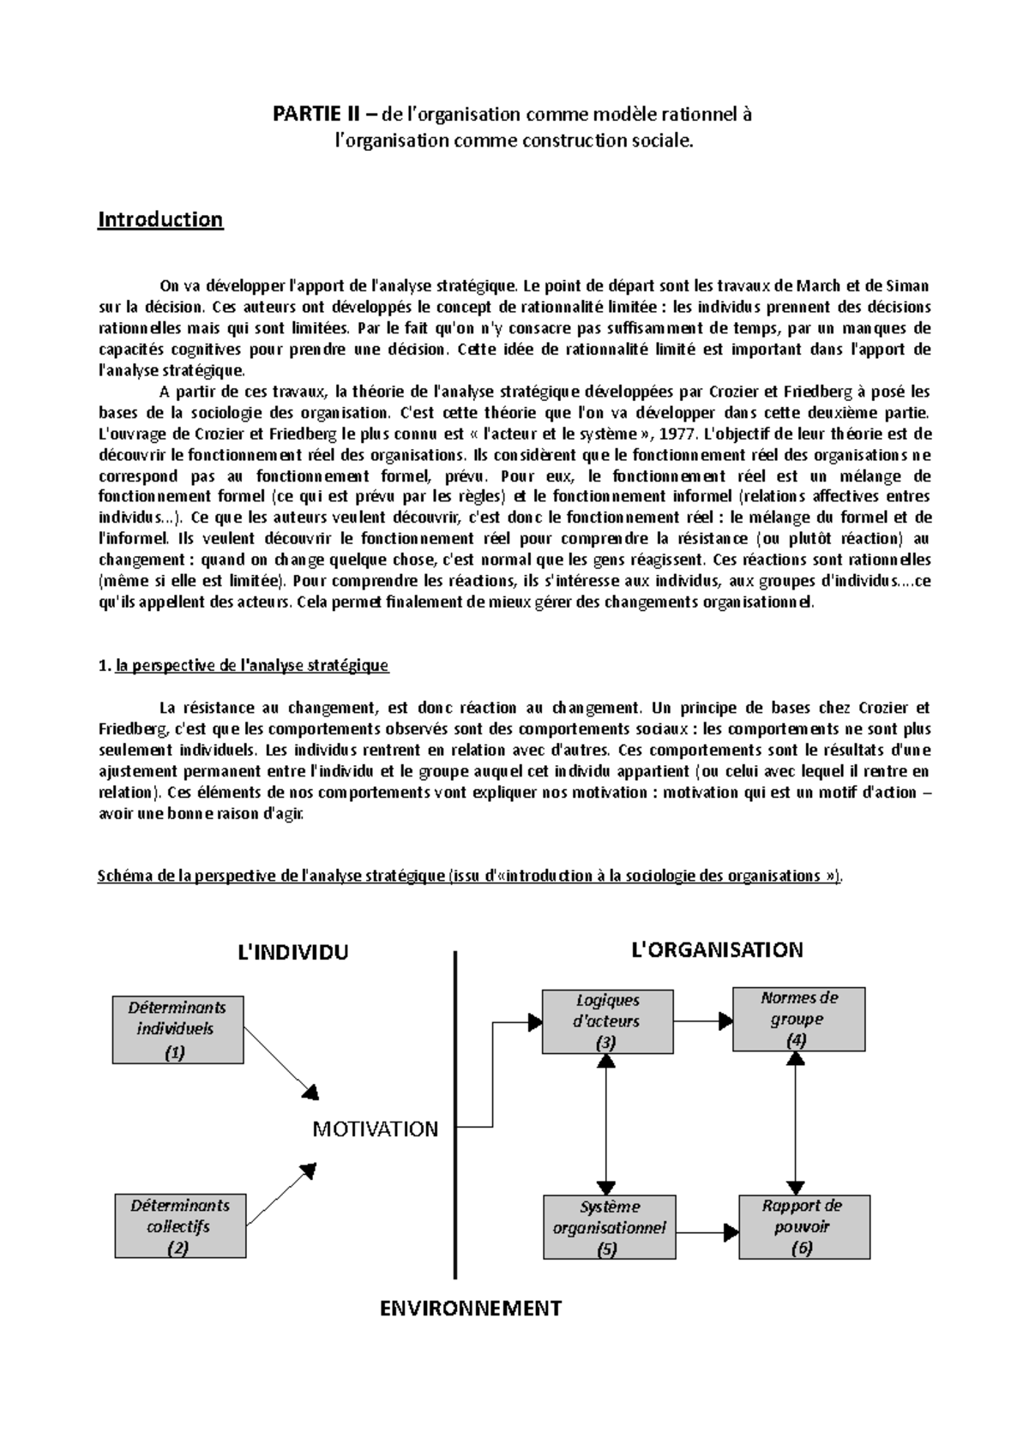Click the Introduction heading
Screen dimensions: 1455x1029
tap(160, 219)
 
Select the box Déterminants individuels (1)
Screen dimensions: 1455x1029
tap(178, 1029)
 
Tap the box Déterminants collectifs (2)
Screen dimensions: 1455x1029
tap(179, 1226)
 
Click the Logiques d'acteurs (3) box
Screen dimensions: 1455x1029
tap(607, 1021)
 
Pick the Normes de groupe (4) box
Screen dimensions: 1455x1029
tap(798, 1019)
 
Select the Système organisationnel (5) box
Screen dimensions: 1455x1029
tap(608, 1227)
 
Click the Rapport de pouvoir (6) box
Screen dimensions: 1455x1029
tap(803, 1226)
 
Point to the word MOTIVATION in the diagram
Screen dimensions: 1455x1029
tap(375, 1129)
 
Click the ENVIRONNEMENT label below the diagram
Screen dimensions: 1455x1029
tap(470, 1308)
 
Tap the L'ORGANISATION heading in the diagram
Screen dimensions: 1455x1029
tap(716, 949)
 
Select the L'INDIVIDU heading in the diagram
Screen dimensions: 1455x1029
tap(292, 952)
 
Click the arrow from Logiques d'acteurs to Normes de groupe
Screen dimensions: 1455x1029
tap(701, 1021)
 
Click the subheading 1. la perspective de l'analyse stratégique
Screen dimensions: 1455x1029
tap(244, 665)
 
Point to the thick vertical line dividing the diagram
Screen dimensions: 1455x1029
tap(454, 1114)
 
